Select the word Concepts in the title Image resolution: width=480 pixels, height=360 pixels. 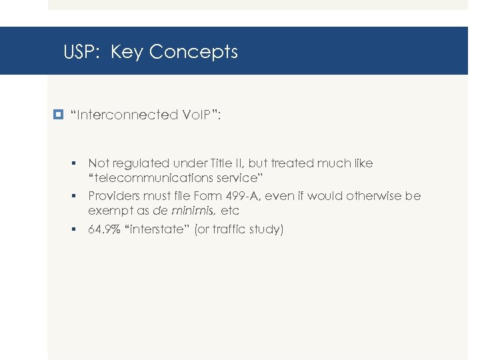193,51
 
